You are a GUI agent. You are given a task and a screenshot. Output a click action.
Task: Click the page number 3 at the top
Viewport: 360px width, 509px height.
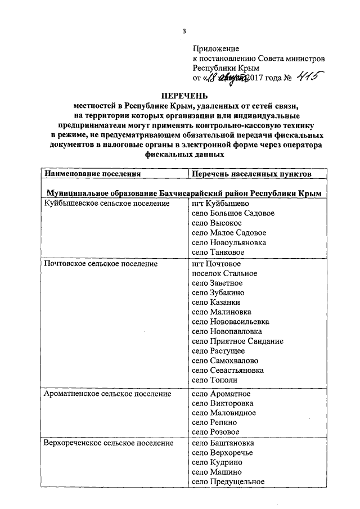[x=184, y=30]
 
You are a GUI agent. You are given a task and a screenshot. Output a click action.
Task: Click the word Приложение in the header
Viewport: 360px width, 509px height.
[x=216, y=49]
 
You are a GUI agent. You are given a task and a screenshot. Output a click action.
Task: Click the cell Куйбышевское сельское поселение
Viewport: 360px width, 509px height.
[x=107, y=203]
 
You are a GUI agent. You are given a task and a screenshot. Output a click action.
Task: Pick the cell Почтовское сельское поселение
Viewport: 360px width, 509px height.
[x=101, y=263]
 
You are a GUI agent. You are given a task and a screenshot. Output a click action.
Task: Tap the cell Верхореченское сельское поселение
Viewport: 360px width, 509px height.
[x=109, y=444]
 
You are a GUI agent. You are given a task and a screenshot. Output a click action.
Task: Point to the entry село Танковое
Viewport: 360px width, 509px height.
[x=218, y=253]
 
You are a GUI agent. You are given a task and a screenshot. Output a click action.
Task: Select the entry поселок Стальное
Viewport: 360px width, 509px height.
[x=224, y=273]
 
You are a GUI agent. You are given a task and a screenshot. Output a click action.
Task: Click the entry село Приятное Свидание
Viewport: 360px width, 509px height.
[x=237, y=341]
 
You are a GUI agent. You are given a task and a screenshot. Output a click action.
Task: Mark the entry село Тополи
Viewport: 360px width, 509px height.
[x=214, y=380]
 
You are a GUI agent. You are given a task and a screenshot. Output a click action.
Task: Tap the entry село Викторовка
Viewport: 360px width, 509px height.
[x=222, y=403]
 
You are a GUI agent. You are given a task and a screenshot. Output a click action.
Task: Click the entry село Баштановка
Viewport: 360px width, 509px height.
[x=222, y=444]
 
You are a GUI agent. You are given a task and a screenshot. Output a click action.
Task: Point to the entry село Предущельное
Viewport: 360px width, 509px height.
[x=228, y=482]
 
